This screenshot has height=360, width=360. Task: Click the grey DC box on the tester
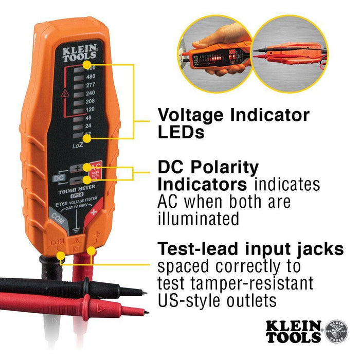pos(58,178)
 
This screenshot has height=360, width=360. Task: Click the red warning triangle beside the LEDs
pos(65,94)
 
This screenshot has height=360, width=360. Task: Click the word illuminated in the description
pos(198,218)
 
